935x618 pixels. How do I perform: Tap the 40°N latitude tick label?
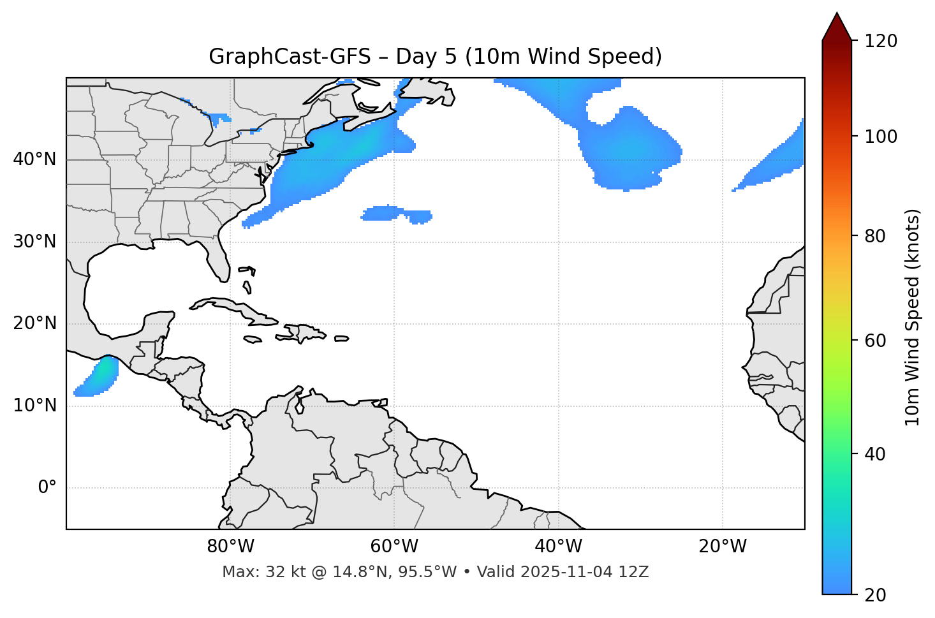tap(34, 159)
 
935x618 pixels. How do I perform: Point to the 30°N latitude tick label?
tap(34, 242)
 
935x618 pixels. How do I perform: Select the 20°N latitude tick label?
tap(34, 323)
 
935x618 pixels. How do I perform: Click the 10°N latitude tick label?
tap(34, 406)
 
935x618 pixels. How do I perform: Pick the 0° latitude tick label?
tap(47, 488)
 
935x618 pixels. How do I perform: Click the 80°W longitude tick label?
tap(230, 547)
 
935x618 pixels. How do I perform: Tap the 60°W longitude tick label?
tap(394, 547)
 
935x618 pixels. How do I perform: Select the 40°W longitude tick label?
tap(558, 547)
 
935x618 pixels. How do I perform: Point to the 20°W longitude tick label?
tap(723, 547)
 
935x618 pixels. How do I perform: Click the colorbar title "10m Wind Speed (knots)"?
tap(913, 317)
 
